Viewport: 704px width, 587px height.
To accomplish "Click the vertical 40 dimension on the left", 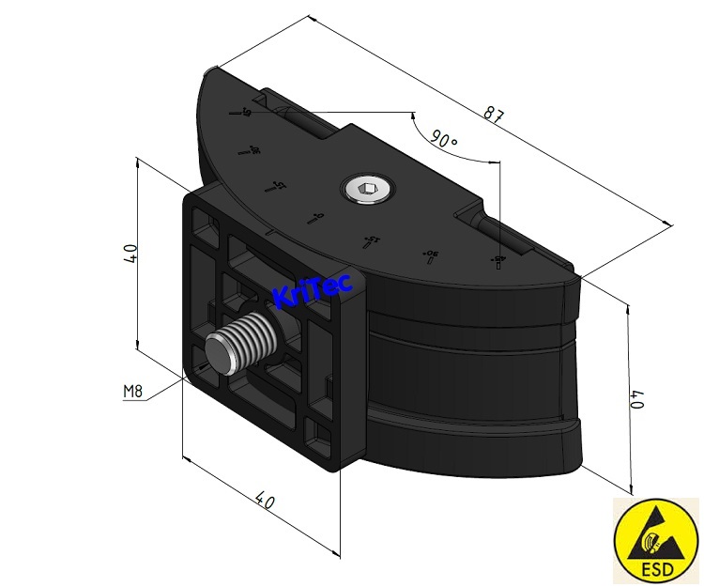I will pos(130,254).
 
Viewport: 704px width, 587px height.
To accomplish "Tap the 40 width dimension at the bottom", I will pos(266,502).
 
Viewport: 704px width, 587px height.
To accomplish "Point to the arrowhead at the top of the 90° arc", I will pos(413,115).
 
